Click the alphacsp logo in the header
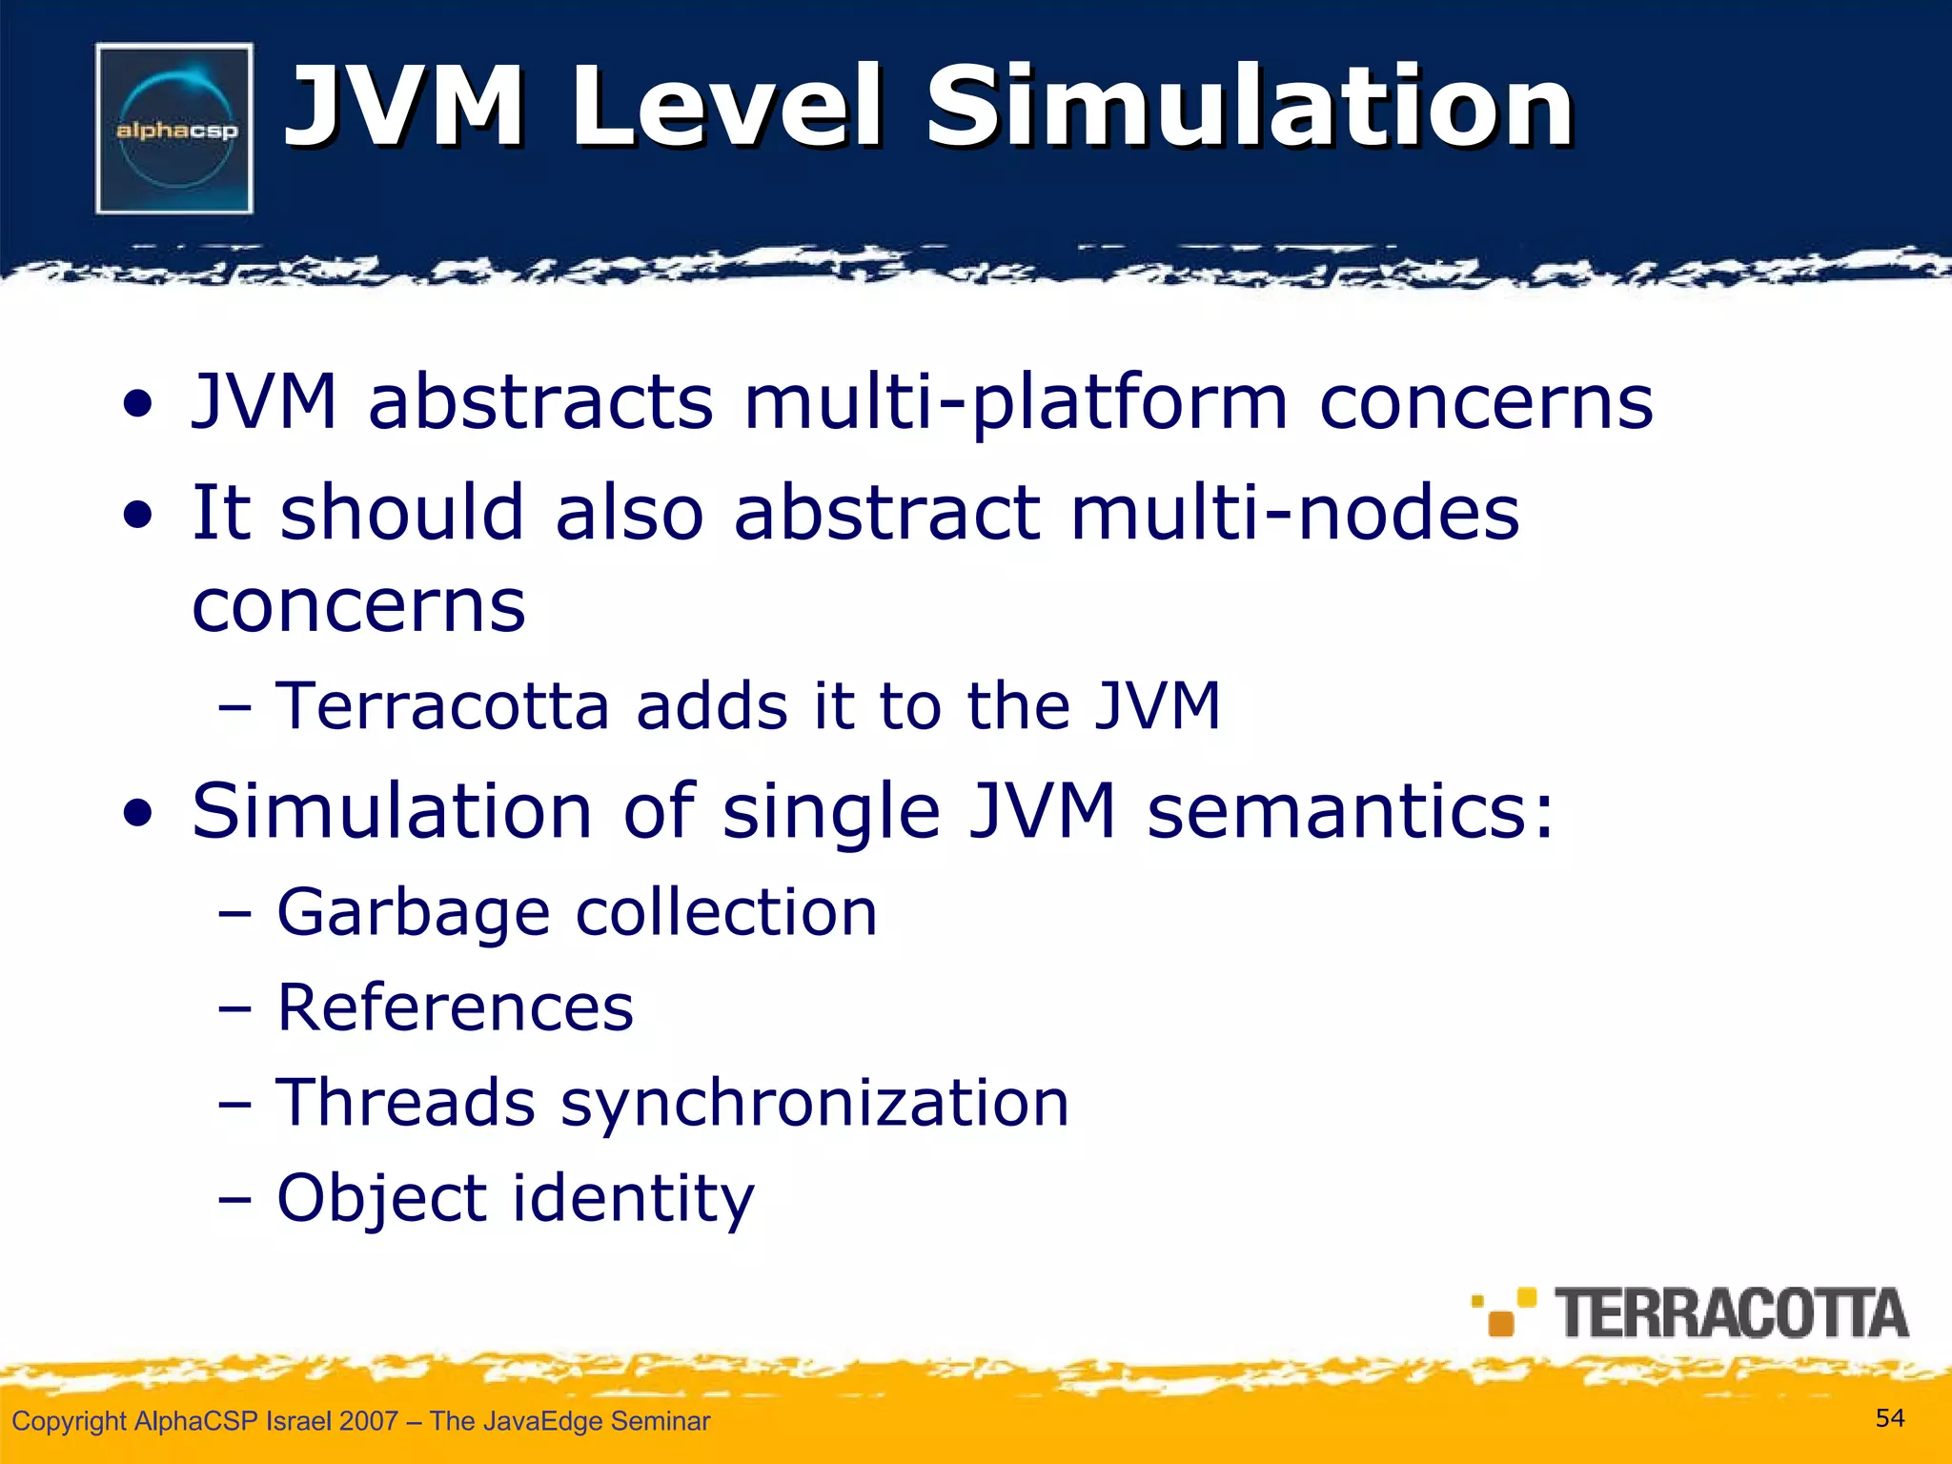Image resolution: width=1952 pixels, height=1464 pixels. pyautogui.click(x=174, y=129)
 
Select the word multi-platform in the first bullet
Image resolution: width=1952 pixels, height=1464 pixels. pyautogui.click(x=1016, y=402)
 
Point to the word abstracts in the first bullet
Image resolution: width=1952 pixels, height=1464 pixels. pyautogui.click(x=540, y=402)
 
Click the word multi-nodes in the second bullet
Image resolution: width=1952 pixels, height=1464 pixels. pyautogui.click(x=1294, y=513)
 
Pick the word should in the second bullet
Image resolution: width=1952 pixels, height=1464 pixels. pyautogui.click(x=402, y=513)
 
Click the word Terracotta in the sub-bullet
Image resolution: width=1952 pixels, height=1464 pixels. pyautogui.click(x=442, y=706)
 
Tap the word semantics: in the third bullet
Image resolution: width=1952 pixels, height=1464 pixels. pyautogui.click(x=1351, y=811)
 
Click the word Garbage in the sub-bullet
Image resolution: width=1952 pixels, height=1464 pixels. pyautogui.click(x=413, y=912)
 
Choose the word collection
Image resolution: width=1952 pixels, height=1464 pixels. pyautogui.click(x=726, y=912)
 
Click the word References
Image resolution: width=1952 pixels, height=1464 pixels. pyautogui.click(x=455, y=1007)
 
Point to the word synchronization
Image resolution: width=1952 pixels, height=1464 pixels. pyautogui.click(x=815, y=1103)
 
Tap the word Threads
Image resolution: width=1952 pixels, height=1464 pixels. pyautogui.click(x=405, y=1103)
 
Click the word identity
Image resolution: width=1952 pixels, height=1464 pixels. pyautogui.click(x=634, y=1198)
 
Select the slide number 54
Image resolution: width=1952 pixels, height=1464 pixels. pyautogui.click(x=1890, y=1418)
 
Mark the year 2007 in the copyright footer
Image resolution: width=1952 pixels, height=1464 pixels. pyautogui.click(x=368, y=1421)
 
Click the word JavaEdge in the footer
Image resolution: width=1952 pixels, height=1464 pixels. pyautogui.click(x=539, y=1421)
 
